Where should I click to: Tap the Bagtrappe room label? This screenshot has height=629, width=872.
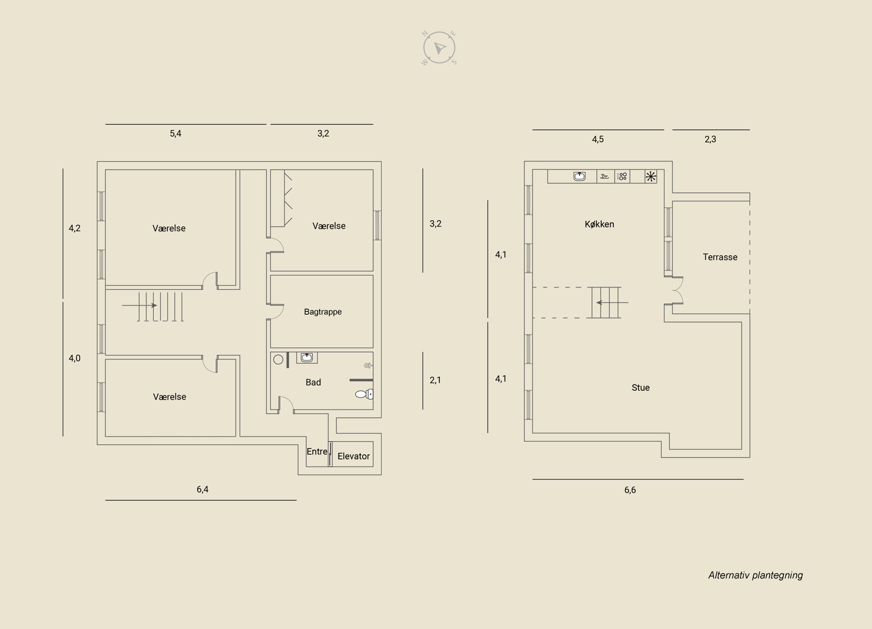click(x=323, y=312)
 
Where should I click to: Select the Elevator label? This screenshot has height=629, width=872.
click(x=353, y=456)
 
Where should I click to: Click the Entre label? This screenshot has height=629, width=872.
click(x=317, y=451)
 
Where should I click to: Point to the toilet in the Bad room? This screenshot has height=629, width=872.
click(x=364, y=394)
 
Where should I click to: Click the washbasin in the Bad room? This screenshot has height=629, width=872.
click(x=307, y=358)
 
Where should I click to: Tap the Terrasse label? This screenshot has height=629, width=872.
click(x=719, y=257)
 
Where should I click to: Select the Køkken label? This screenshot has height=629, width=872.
click(x=599, y=224)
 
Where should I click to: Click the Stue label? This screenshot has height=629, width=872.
click(x=640, y=388)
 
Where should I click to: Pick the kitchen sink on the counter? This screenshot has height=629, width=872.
click(x=579, y=176)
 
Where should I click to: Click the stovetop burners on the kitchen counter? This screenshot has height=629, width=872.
click(x=622, y=176)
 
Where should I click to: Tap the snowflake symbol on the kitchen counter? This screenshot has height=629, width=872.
click(x=651, y=176)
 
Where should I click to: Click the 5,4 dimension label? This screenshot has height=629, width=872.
click(x=175, y=133)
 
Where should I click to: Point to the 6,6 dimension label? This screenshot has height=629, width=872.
click(x=630, y=490)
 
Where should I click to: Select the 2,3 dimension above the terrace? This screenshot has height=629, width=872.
click(x=710, y=139)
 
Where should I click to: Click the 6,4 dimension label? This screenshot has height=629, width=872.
click(x=202, y=490)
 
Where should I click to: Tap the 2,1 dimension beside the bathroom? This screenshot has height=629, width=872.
click(x=435, y=380)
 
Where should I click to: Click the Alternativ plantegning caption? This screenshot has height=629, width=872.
click(x=755, y=575)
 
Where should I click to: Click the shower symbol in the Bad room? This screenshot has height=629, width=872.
click(x=367, y=366)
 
